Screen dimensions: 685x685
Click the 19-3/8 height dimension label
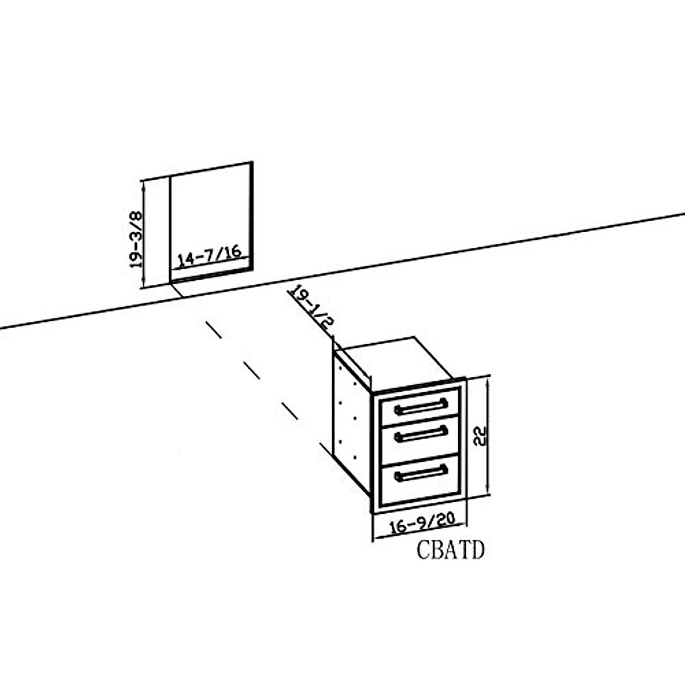[x=135, y=240]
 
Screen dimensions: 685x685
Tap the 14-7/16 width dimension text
[x=209, y=256]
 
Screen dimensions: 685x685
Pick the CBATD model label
[x=450, y=550]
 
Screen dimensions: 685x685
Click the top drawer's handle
[x=421, y=406]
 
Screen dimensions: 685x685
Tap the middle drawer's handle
[x=421, y=434]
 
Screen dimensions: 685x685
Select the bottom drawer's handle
[x=421, y=473]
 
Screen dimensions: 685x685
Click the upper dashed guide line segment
[x=214, y=330]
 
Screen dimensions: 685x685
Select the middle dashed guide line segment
[x=251, y=370]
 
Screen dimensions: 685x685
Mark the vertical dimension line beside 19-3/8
[x=144, y=234]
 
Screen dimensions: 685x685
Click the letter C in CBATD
[x=423, y=550]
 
